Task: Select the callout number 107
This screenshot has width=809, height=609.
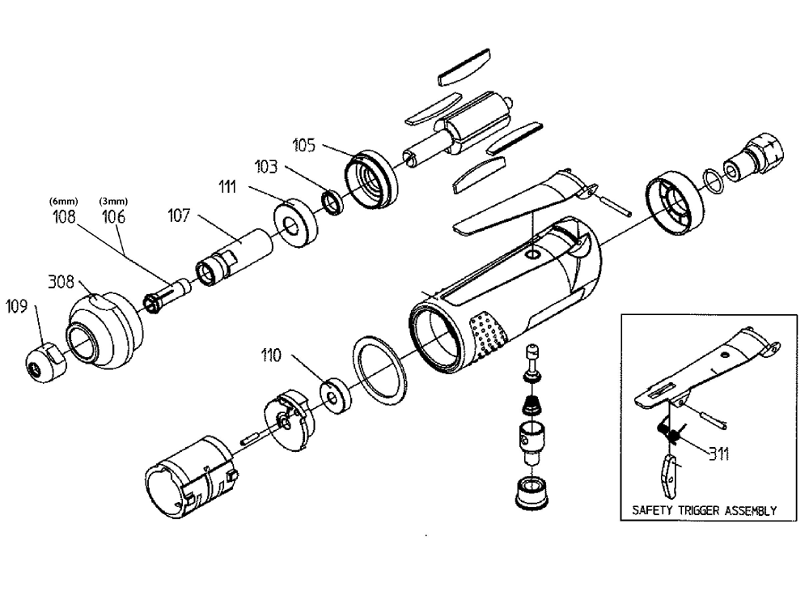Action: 180,216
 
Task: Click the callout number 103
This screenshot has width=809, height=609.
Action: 266,167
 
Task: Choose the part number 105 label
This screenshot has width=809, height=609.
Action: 304,145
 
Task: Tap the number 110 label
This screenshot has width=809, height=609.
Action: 273,355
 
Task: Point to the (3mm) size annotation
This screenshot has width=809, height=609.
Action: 111,201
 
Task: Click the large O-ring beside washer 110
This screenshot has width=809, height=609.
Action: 379,369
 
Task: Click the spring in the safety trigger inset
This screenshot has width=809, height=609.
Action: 670,434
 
